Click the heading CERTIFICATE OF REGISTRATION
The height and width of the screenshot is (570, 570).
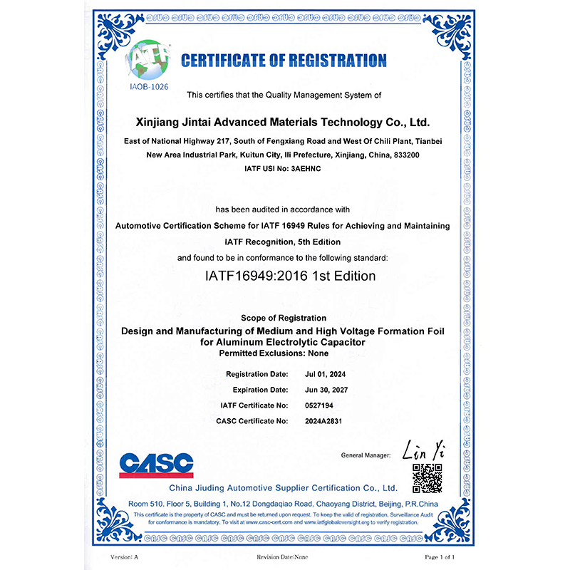[x=284, y=61]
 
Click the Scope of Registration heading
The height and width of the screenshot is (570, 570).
[x=283, y=318]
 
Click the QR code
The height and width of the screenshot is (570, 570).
[x=427, y=478]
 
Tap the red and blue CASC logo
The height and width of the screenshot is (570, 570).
[x=156, y=465]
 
